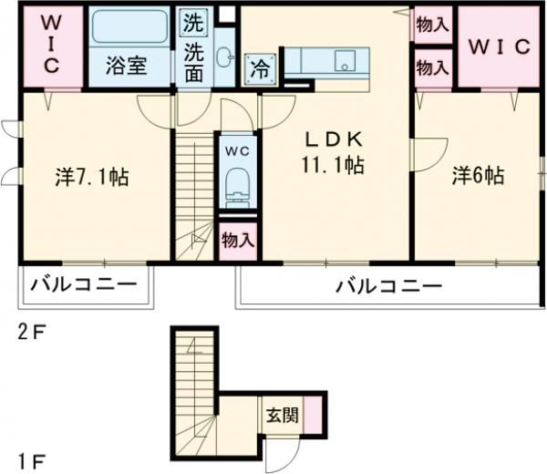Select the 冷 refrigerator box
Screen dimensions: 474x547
(259, 67)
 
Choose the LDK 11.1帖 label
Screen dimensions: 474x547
(334, 153)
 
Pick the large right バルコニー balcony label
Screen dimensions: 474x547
(388, 286)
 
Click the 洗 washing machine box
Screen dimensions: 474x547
(194, 19)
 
